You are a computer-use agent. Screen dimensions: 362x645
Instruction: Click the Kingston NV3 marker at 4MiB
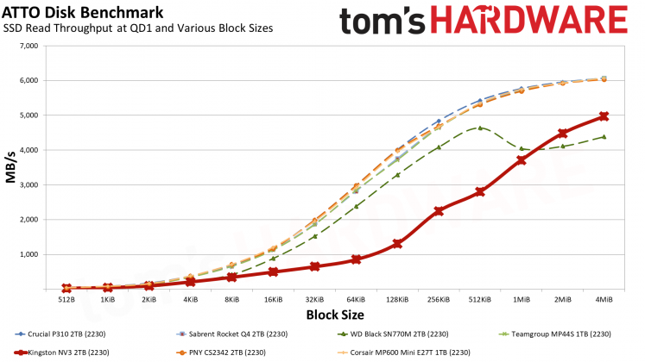tap(604, 116)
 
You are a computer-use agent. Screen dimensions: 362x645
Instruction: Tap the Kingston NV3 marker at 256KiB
tap(439, 211)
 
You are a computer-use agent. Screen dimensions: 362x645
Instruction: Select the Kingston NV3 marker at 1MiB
tap(522, 160)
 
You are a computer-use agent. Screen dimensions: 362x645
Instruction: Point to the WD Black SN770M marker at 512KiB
tap(480, 128)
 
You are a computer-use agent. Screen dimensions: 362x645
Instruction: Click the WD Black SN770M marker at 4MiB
tap(604, 136)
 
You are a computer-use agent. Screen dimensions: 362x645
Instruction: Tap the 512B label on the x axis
tap(66, 299)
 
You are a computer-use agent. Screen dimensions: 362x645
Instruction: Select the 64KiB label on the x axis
tap(356, 299)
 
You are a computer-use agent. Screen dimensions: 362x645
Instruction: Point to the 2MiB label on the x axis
tap(562, 299)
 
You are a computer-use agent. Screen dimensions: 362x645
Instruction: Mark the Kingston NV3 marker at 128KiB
tap(397, 244)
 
